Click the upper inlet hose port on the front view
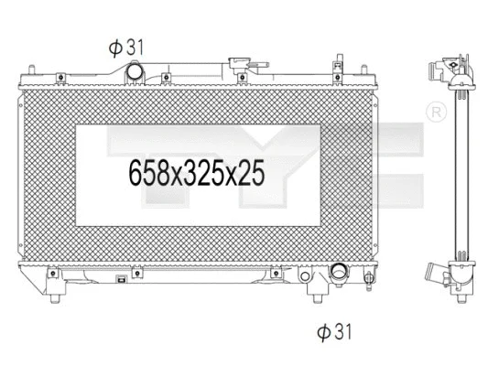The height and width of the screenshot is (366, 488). pyautogui.click(x=137, y=70)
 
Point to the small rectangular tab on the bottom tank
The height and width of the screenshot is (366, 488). pyautogui.click(x=121, y=281)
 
